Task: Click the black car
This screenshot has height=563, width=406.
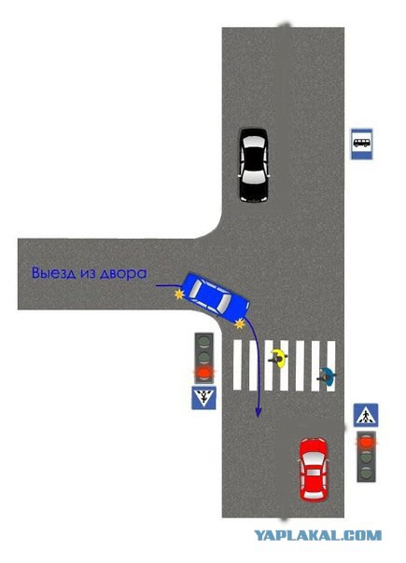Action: point(254,165)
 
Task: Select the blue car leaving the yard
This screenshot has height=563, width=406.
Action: point(216,297)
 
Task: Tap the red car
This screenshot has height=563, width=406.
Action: point(314,469)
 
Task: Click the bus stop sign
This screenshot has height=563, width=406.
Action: point(362,144)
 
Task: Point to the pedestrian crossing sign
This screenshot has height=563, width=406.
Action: point(366,415)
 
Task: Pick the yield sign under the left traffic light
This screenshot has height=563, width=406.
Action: point(203,397)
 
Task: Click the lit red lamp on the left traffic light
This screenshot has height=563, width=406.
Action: point(203,373)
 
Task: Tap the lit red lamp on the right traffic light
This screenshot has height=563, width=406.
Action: point(366,442)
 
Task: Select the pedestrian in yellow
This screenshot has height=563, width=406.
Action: point(278,358)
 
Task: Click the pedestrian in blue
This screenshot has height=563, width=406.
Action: point(327,377)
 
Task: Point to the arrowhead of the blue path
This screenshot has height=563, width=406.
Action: point(258,412)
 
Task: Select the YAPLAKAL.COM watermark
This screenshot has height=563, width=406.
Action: point(318,536)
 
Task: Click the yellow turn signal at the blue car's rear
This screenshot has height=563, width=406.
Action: point(178,295)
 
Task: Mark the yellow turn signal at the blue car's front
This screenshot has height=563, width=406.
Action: point(240,324)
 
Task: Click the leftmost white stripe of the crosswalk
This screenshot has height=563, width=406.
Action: point(237,364)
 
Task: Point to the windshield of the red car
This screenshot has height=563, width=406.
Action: point(314,459)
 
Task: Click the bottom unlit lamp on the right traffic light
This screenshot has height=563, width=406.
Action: point(366,473)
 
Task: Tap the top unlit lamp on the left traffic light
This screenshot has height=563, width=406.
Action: point(203,341)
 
